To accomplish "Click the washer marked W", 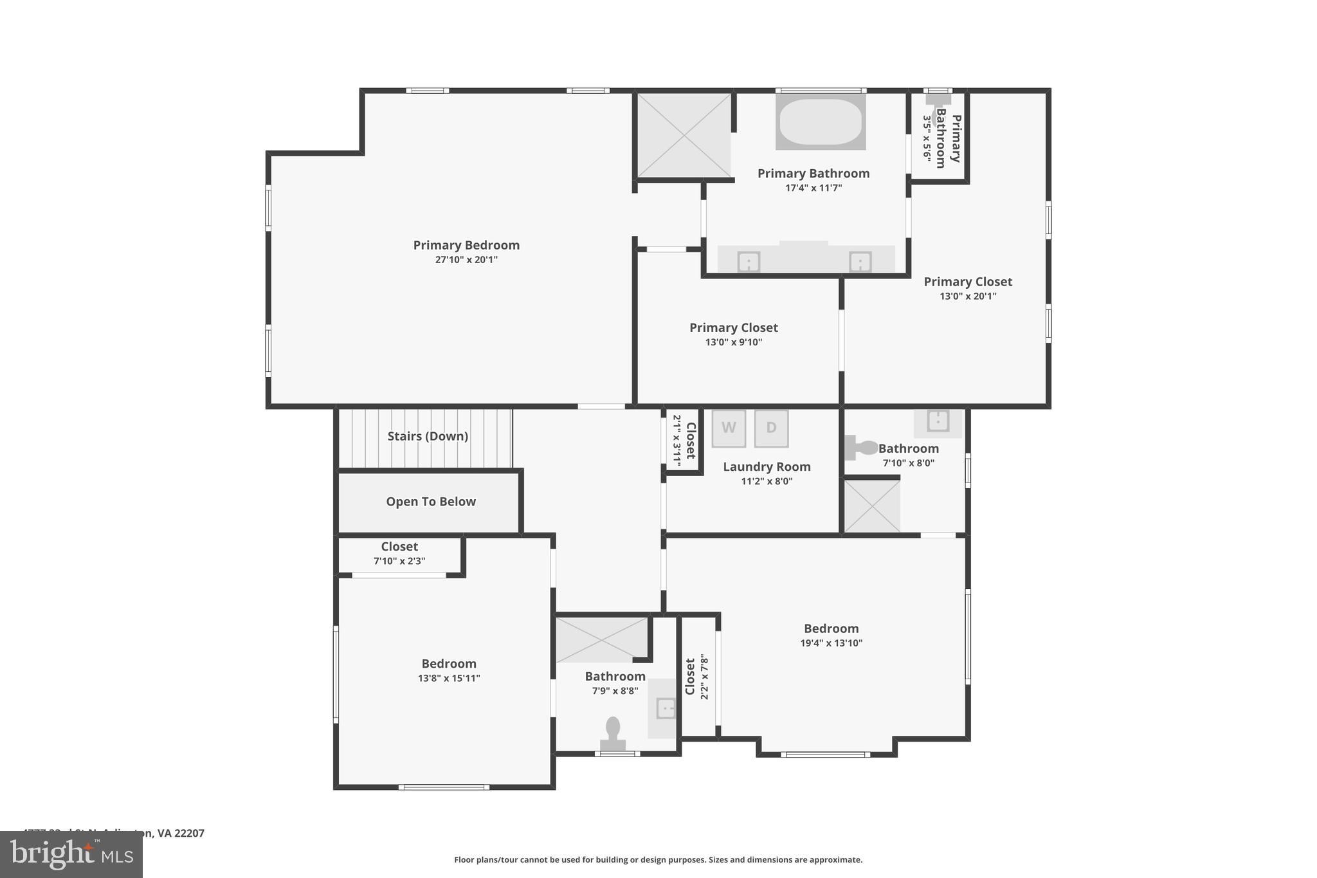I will (x=729, y=428).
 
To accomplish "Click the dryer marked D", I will (x=771, y=428).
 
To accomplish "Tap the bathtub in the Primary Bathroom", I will (x=820, y=122).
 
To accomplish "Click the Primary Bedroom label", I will (x=466, y=245).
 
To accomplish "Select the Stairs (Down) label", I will (x=428, y=436).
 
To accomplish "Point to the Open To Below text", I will (x=431, y=502).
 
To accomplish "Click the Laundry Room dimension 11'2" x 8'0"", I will (x=767, y=481).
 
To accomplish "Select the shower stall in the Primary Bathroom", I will (x=684, y=135).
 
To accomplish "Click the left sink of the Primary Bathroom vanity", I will (x=749, y=262).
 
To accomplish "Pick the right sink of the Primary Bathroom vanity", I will (x=860, y=262).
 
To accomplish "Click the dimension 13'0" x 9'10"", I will (x=733, y=342).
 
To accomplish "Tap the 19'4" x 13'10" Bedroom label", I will (x=831, y=628).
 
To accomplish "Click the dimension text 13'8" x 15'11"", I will (x=449, y=678).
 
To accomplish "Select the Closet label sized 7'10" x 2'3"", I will (x=399, y=547).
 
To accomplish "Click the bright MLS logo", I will (x=71, y=855).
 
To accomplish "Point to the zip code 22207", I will (x=190, y=833).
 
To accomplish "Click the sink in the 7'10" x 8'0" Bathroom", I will (x=938, y=421).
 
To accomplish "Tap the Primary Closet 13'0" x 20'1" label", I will (x=968, y=282).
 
